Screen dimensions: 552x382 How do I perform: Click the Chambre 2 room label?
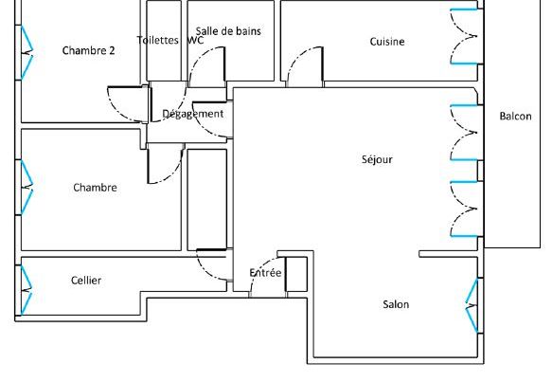[x=88, y=50]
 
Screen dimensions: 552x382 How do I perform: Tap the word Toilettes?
[x=158, y=40]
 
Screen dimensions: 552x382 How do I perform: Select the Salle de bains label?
[x=228, y=31]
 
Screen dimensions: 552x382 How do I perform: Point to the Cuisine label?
[x=387, y=41]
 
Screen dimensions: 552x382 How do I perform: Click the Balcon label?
[x=515, y=116]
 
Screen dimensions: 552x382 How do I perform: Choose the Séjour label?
[x=377, y=159]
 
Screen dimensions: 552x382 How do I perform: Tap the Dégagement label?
[x=192, y=114]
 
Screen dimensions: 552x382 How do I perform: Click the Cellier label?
[x=86, y=281]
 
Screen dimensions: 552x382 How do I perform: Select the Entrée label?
[x=265, y=272]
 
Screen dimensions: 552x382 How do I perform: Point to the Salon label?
[x=396, y=304]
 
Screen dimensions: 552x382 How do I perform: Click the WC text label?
[x=196, y=40]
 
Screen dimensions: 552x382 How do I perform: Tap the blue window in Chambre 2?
[x=27, y=52]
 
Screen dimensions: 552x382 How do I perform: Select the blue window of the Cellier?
[x=27, y=290]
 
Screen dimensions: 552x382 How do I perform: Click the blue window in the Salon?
[x=472, y=305]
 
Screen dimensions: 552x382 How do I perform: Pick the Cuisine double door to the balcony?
[x=464, y=37]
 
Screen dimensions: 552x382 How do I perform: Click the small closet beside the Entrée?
[x=296, y=274]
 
